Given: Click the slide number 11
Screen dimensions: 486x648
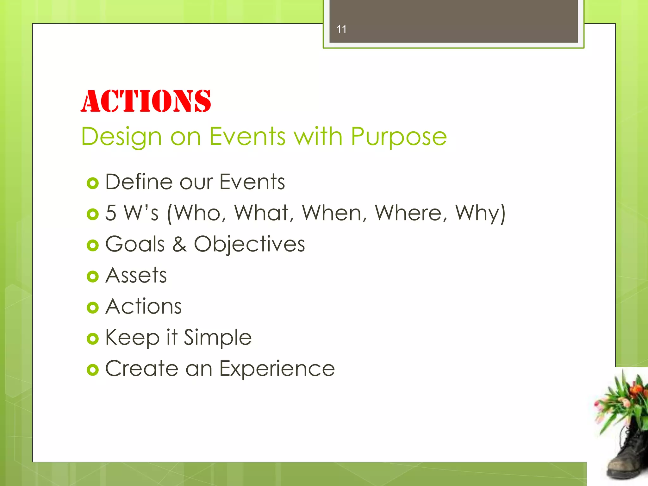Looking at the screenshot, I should coord(341,29).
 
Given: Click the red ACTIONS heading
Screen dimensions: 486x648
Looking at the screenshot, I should coord(146,101).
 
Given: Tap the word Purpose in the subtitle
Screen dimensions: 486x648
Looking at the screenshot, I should coord(399,137).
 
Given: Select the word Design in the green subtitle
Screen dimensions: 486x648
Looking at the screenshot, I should coord(121,137).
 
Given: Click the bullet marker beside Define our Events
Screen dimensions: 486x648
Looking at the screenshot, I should coord(93,183).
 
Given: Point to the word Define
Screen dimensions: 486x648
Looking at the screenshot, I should coord(139,182).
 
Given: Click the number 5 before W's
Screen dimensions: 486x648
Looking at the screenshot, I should coord(111,213).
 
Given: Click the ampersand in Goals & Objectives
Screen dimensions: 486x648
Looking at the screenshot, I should coord(179,244).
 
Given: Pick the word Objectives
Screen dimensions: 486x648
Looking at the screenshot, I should coord(249,244).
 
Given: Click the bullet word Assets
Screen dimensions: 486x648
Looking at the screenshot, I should coord(136,275).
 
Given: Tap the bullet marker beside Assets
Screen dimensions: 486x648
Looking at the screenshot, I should coord(93,277).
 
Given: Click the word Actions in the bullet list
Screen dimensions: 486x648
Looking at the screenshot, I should coord(144,306).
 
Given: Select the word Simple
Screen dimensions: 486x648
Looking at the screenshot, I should coord(218,338).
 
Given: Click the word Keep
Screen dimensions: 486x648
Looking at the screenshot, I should coord(132,338).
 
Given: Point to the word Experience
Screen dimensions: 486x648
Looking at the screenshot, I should coord(277,369).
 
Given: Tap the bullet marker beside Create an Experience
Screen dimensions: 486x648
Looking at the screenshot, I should coord(93,370).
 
